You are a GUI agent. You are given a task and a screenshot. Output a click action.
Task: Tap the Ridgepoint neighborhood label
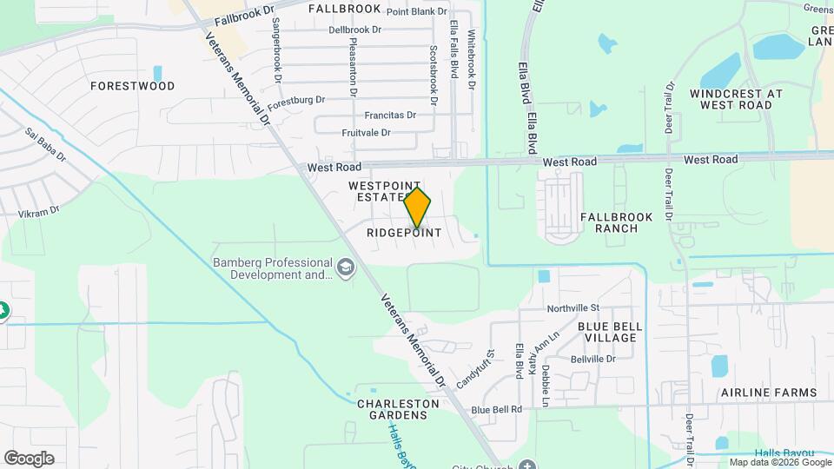(404, 233)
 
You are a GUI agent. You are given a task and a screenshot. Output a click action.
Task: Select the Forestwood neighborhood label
(133, 86)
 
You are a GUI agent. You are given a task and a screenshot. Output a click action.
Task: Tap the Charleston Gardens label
(393, 409)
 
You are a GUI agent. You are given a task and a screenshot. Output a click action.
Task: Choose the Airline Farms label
(769, 393)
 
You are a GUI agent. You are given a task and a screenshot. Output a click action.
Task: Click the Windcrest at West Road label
(736, 99)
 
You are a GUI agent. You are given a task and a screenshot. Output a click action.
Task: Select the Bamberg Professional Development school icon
(347, 268)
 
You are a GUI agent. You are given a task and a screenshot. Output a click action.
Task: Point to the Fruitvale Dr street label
(366, 133)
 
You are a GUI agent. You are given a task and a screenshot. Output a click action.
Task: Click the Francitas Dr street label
(390, 115)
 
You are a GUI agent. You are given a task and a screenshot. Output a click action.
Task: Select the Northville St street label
(573, 308)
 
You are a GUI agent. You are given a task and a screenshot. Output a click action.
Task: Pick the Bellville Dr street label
(593, 359)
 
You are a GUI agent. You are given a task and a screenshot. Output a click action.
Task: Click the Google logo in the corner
(29, 459)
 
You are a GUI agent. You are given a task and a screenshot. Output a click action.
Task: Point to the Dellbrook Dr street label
(355, 30)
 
